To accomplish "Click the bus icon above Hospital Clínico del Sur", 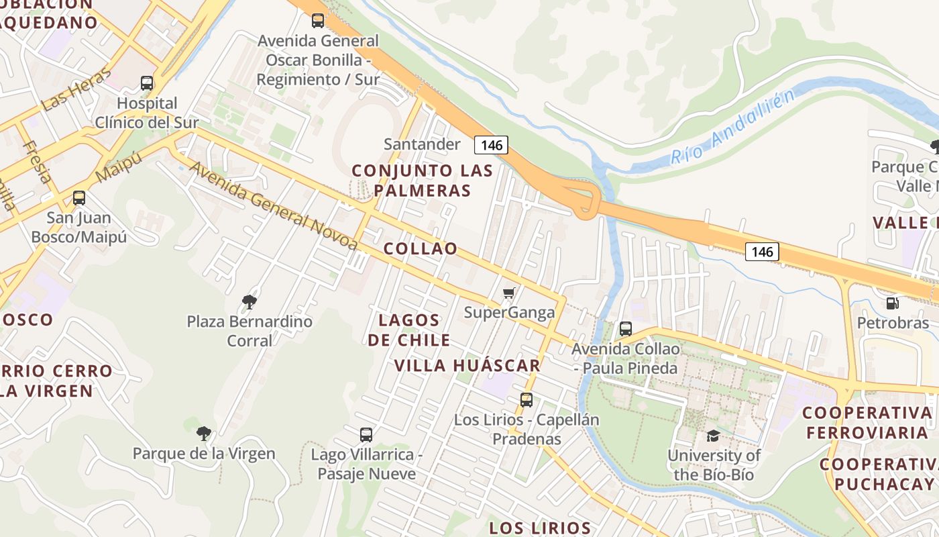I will pyautogui.click(x=147, y=83).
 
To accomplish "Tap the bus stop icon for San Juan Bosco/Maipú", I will pyautogui.click(x=79, y=198).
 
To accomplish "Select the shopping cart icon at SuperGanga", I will pyautogui.click(x=509, y=293).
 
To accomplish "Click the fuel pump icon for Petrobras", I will pyautogui.click(x=892, y=303).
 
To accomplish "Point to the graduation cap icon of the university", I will pyautogui.click(x=713, y=436).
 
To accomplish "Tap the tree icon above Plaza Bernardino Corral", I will pyautogui.click(x=250, y=301).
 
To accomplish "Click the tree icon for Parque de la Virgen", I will pyautogui.click(x=204, y=434).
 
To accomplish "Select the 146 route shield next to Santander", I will pyautogui.click(x=491, y=144).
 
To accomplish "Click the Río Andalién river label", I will pyautogui.click(x=732, y=128).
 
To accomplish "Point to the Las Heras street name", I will pyautogui.click(x=76, y=89).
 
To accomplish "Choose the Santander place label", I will pyautogui.click(x=422, y=144).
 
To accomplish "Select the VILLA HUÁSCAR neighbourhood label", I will pyautogui.click(x=467, y=366).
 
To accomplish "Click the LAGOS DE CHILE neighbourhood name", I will pyautogui.click(x=408, y=330).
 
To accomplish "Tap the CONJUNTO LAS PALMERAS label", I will pyautogui.click(x=422, y=181).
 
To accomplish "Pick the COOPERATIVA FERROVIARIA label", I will pyautogui.click(x=867, y=422).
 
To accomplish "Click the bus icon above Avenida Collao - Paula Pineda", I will pyautogui.click(x=626, y=329).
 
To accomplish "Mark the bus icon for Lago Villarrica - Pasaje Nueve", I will pyautogui.click(x=366, y=434).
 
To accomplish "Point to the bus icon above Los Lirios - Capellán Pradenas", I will pyautogui.click(x=527, y=400).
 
